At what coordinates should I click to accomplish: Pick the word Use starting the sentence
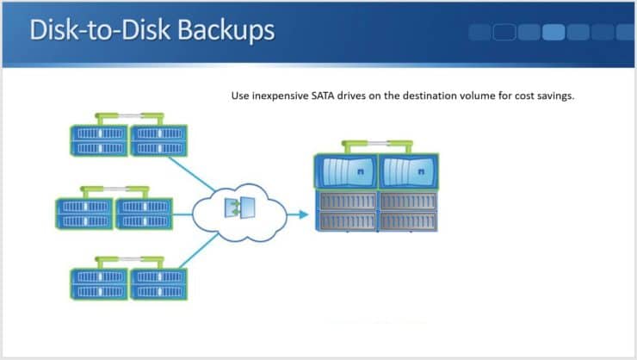pos(239,96)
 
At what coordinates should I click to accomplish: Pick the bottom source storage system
pos(129,282)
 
